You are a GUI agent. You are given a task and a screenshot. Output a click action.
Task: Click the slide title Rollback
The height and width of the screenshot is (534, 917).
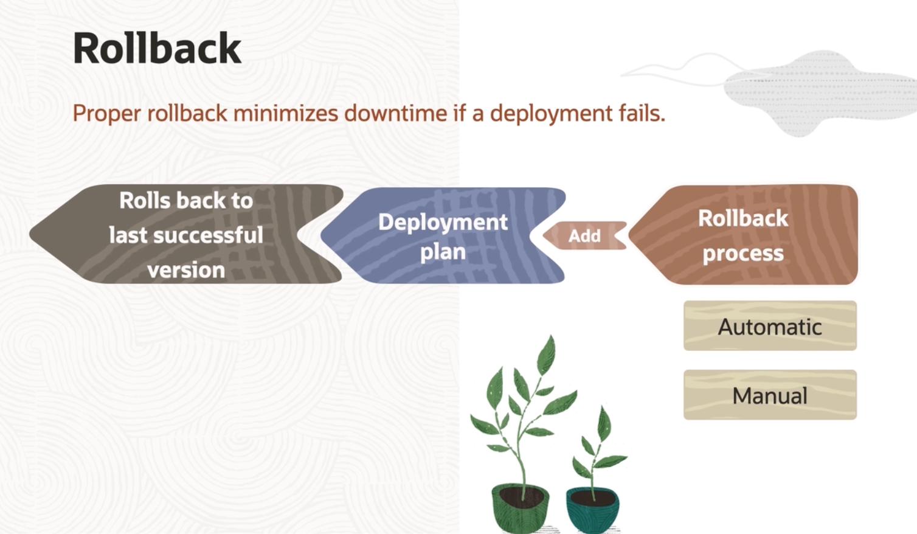(157, 48)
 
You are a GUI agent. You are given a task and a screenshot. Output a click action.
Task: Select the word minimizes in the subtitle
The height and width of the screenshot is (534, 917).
(286, 113)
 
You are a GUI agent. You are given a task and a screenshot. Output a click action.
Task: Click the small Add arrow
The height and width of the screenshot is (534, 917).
(584, 235)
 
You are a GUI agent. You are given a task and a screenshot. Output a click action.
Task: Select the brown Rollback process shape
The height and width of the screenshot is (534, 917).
(743, 235)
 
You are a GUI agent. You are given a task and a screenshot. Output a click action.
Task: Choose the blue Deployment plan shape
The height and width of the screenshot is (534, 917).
(443, 235)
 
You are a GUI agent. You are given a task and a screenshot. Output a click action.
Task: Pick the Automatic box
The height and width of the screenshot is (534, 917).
(770, 325)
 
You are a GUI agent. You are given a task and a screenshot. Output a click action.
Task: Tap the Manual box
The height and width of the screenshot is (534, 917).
(770, 395)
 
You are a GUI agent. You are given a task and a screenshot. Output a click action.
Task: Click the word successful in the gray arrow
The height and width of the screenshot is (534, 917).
(209, 235)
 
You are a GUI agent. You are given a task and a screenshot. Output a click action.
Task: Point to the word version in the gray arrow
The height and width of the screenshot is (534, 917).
(186, 270)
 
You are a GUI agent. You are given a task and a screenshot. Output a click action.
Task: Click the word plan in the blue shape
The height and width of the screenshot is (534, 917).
(443, 252)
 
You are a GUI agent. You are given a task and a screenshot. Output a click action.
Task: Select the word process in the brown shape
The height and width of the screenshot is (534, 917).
(743, 254)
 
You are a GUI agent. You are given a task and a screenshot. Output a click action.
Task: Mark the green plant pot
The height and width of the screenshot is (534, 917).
(520, 508)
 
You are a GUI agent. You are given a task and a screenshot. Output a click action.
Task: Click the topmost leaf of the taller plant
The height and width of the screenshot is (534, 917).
(547, 355)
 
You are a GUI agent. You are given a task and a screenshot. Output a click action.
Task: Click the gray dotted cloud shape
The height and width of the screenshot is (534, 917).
(818, 94)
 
